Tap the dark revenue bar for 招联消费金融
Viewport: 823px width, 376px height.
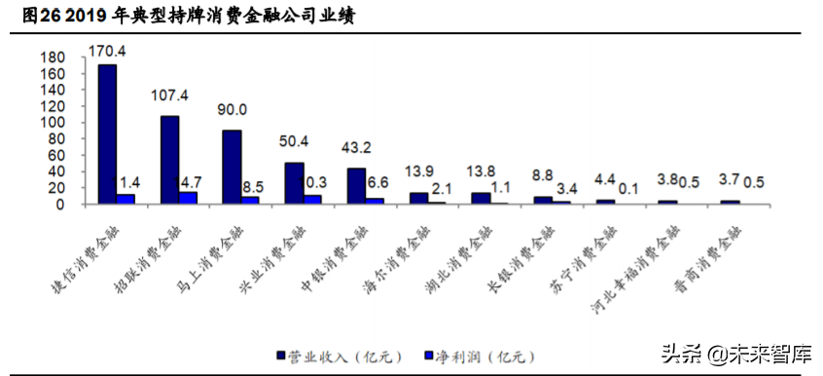click(x=169, y=160)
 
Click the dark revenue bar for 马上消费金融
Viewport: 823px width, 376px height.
click(x=232, y=167)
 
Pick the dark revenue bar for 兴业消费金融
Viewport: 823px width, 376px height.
click(x=294, y=183)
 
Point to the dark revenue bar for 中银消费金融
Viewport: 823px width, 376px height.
click(x=356, y=186)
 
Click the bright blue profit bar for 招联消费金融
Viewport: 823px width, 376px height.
click(x=188, y=199)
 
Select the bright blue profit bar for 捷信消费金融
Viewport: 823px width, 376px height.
click(x=125, y=200)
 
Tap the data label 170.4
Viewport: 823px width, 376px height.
click(x=107, y=50)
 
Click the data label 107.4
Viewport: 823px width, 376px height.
click(x=169, y=95)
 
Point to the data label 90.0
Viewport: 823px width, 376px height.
click(x=233, y=110)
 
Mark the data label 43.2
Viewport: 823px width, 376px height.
click(x=357, y=148)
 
